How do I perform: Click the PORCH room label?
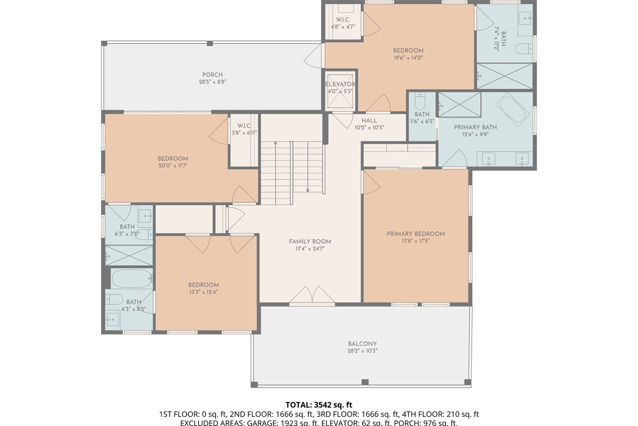pyautogui.click(x=212, y=75)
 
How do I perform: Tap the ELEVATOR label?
pyautogui.click(x=340, y=84)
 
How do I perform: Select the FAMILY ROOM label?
pyautogui.click(x=310, y=241)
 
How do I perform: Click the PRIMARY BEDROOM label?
pyautogui.click(x=416, y=234)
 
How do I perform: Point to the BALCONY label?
pyautogui.click(x=363, y=343)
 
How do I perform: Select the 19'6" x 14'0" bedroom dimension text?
pyautogui.click(x=408, y=58)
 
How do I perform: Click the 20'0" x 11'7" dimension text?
pyautogui.click(x=173, y=166)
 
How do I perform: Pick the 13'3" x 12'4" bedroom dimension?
pyautogui.click(x=204, y=292)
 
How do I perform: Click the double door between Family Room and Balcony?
pyautogui.click(x=312, y=296)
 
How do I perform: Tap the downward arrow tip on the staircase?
pyautogui.click(x=308, y=191)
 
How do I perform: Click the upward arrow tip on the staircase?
pyautogui.click(x=276, y=143)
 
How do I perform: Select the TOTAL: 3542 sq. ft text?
pyautogui.click(x=319, y=405)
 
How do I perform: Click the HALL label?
pyautogui.click(x=369, y=120)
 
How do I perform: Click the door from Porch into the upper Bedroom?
pyautogui.click(x=317, y=55)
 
